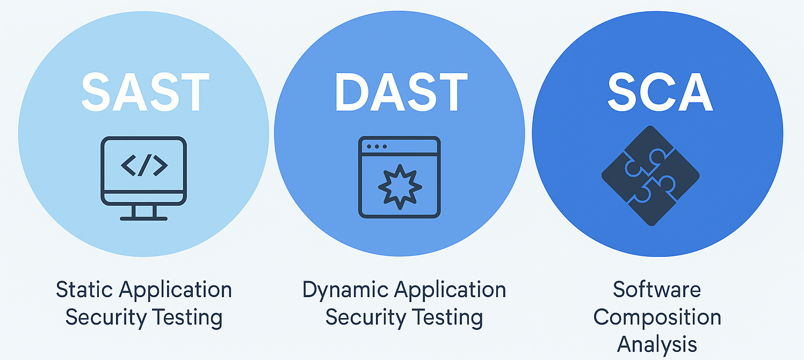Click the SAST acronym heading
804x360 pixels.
[x=145, y=92]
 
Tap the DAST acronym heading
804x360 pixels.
[x=401, y=92]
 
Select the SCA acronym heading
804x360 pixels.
[x=660, y=92]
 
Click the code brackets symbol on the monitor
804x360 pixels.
[x=144, y=165]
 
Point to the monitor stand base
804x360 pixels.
[x=143, y=218]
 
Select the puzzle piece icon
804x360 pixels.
[x=650, y=176]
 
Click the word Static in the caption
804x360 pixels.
[x=84, y=290]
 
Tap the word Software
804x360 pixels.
[x=657, y=290]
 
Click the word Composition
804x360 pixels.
[x=657, y=317]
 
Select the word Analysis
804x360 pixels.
[x=657, y=344]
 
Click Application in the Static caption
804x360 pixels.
[x=176, y=290]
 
